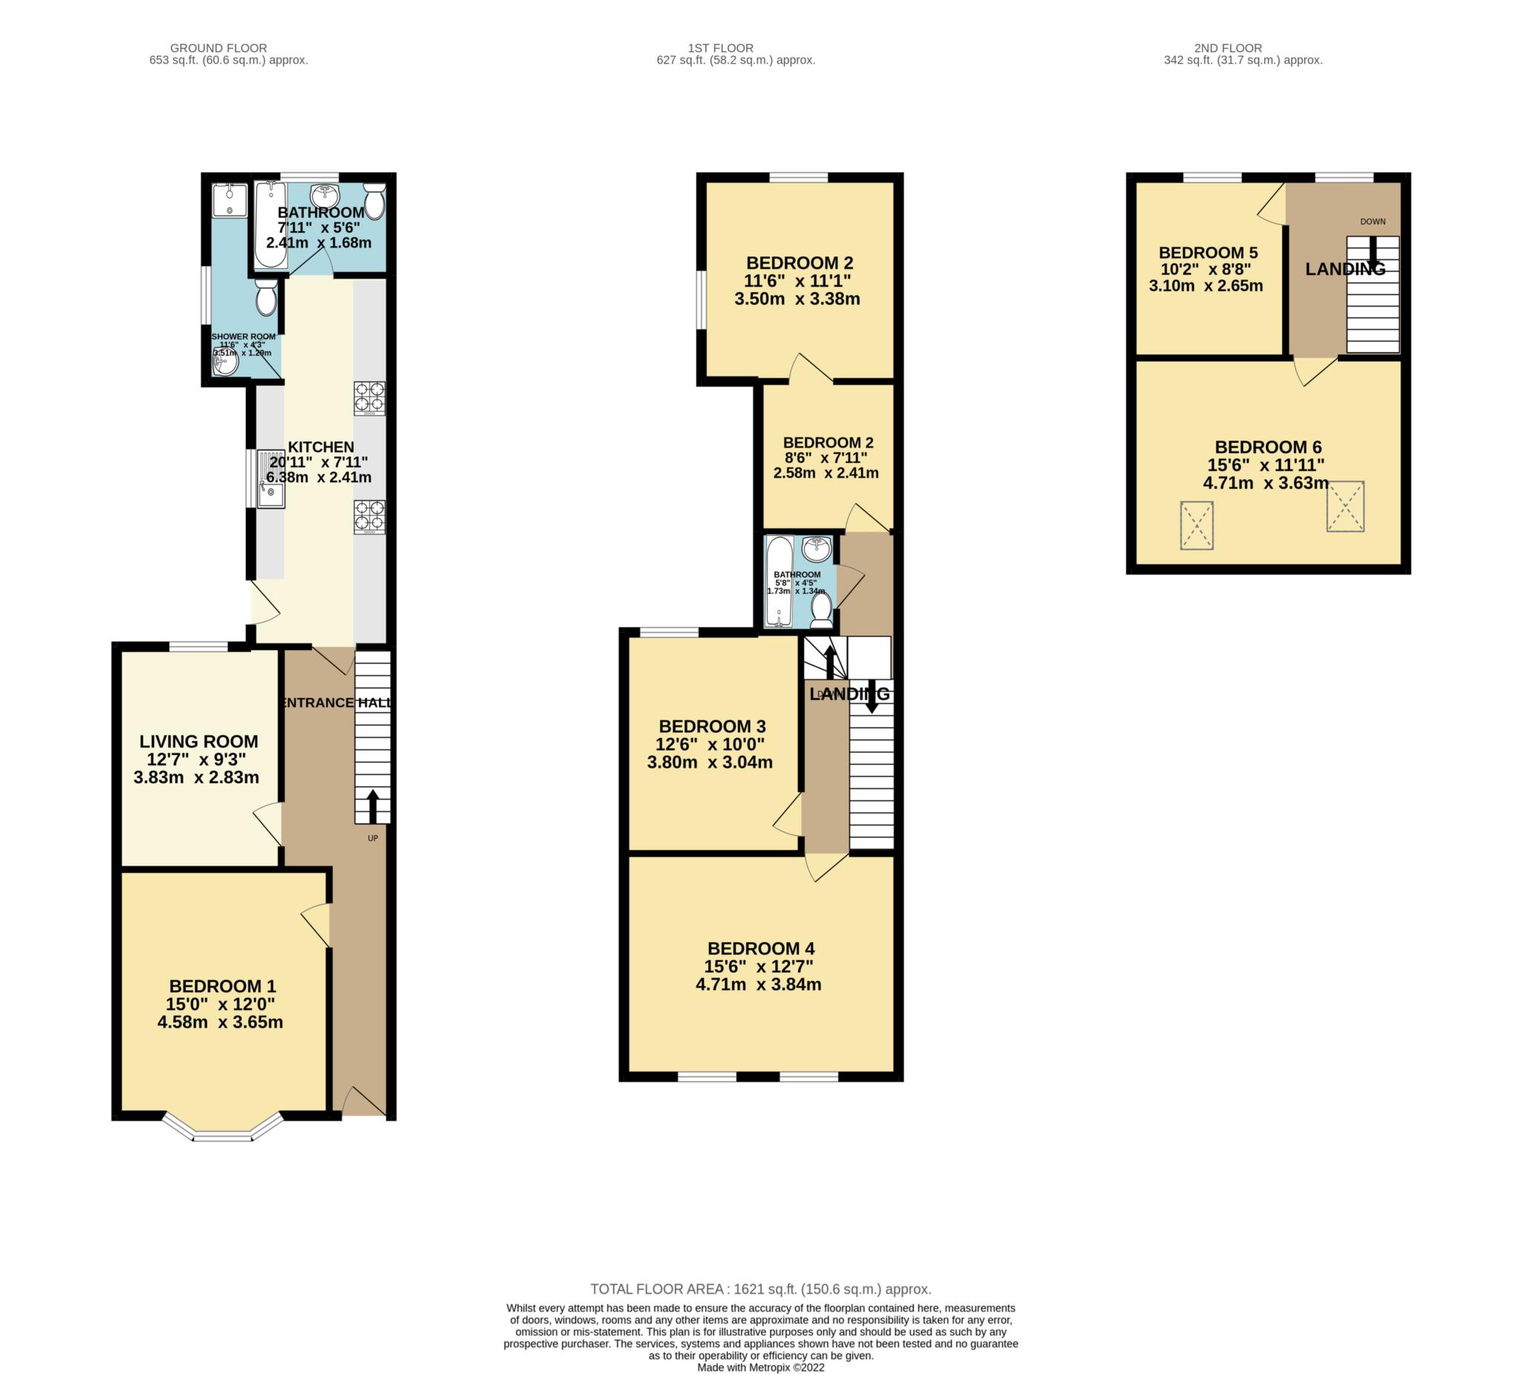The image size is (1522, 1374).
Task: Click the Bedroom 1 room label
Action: pyautogui.click(x=223, y=987)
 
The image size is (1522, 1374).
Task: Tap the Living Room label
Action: pyautogui.click(x=198, y=742)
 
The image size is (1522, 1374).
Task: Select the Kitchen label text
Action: pyautogui.click(x=321, y=447)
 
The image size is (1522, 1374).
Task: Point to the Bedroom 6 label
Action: pyautogui.click(x=1269, y=447)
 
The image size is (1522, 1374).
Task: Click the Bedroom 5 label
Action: pyautogui.click(x=1208, y=253)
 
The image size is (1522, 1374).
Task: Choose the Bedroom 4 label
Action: pyautogui.click(x=761, y=949)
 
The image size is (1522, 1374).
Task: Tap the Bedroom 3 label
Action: pyautogui.click(x=712, y=727)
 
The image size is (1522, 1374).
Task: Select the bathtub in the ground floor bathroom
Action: pyautogui.click(x=271, y=224)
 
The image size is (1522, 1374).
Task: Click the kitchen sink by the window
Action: pyautogui.click(x=271, y=479)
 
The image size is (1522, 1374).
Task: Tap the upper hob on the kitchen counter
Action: pyautogui.click(x=370, y=398)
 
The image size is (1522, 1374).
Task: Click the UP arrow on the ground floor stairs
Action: pyautogui.click(x=373, y=807)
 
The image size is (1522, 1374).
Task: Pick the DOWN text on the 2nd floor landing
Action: pyautogui.click(x=1373, y=222)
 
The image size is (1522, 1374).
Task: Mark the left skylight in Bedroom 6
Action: pyautogui.click(x=1196, y=525)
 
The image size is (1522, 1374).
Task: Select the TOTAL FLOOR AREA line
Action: pyautogui.click(x=761, y=1289)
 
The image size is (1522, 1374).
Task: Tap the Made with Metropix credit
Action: pyautogui.click(x=761, y=1367)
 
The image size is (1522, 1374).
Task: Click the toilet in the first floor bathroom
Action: pyautogui.click(x=821, y=611)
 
